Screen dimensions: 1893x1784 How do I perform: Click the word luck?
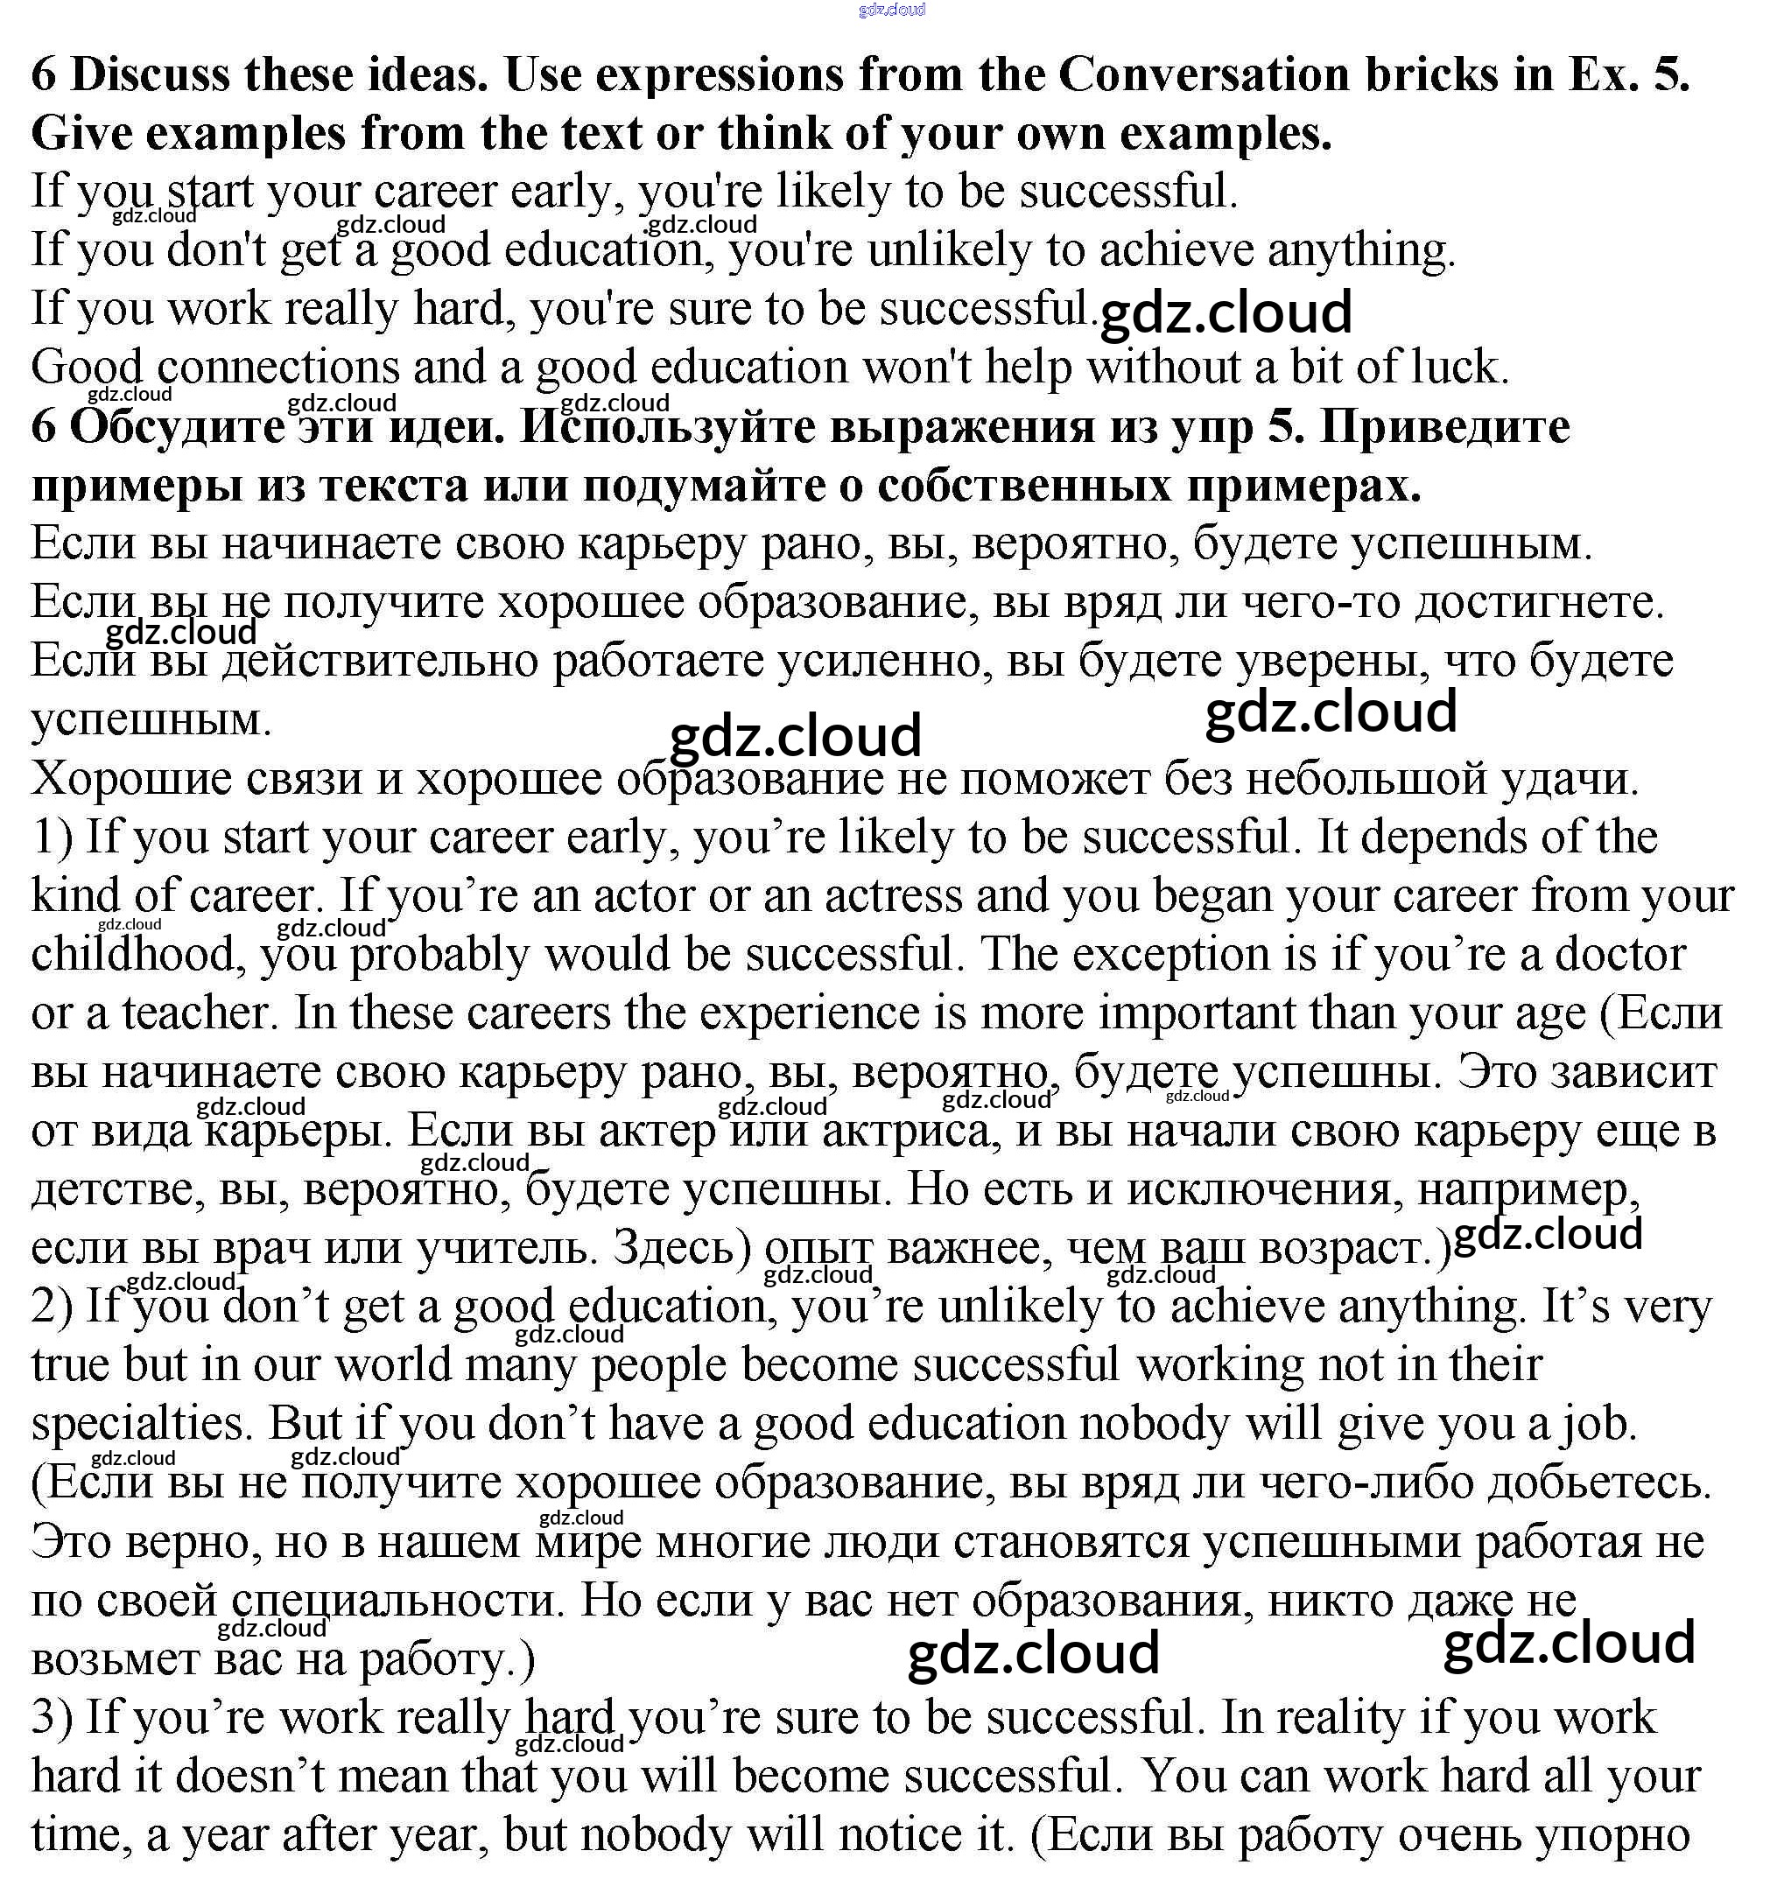[x=1458, y=368]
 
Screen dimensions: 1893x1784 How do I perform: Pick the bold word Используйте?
[x=669, y=428]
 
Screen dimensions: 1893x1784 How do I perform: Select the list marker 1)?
[x=52, y=838]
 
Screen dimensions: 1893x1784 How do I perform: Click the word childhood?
[x=133, y=955]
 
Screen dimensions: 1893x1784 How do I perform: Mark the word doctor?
[x=1620, y=955]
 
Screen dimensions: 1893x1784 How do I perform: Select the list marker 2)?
[x=52, y=1308]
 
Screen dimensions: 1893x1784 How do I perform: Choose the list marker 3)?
[x=52, y=1719]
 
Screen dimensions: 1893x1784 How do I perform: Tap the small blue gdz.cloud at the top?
[x=891, y=11]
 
